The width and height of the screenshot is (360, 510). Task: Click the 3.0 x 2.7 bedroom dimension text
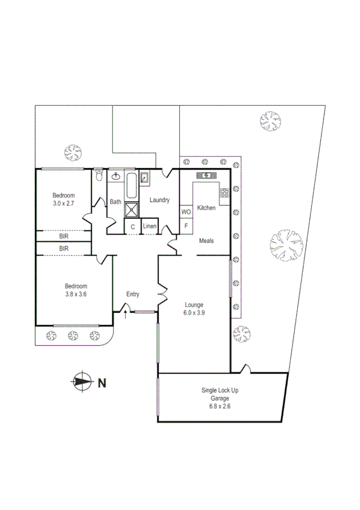[x=63, y=204]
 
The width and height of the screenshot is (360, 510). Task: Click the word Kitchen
[x=206, y=208]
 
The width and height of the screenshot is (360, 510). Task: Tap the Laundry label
[x=159, y=200]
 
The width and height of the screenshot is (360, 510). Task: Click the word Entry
[x=133, y=294]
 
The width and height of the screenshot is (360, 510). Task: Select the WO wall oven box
[x=186, y=212]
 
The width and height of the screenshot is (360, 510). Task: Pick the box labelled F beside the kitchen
[x=186, y=226]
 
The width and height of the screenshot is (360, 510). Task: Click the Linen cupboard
[x=150, y=226]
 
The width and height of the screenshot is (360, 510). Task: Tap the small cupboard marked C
[x=132, y=226]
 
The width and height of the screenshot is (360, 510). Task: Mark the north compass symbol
[x=80, y=381]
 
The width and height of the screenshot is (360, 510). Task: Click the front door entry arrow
[x=125, y=313]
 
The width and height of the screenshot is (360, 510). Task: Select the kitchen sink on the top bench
[x=207, y=176]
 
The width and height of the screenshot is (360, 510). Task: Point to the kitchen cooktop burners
[x=225, y=194]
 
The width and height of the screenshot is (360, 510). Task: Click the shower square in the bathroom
[x=132, y=209]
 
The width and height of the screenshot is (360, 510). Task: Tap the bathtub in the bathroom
[x=132, y=186]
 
